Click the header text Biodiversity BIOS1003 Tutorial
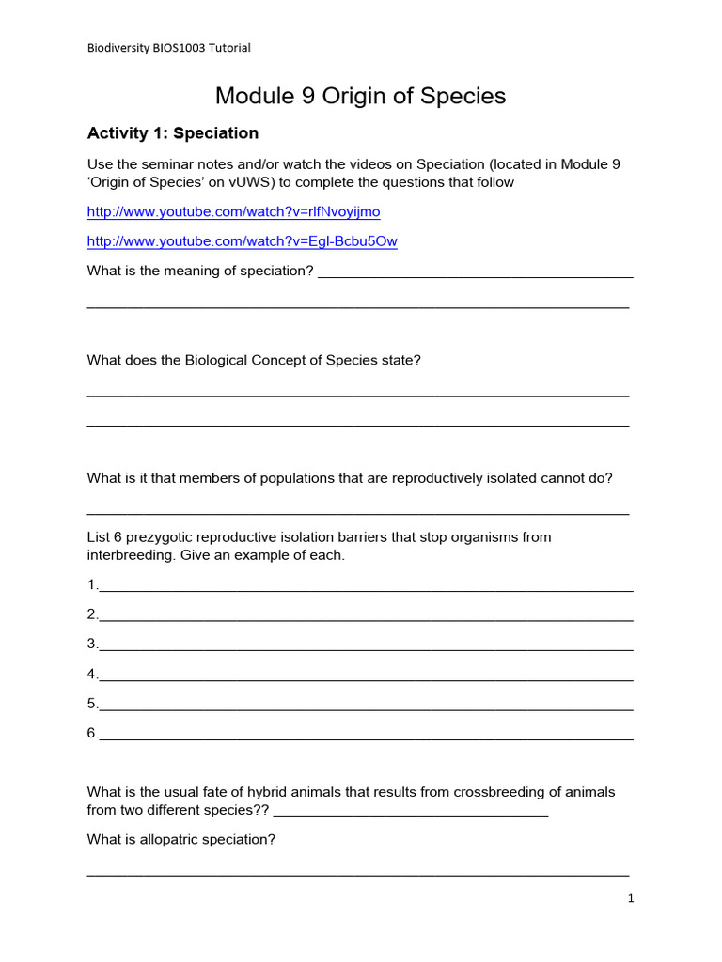tap(169, 48)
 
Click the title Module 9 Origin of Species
tap(360, 96)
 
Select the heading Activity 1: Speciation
tap(173, 133)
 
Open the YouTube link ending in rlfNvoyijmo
tap(233, 211)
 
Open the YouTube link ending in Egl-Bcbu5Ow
tap(242, 241)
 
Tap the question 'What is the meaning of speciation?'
tap(199, 272)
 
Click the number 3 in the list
tap(92, 644)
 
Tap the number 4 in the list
tap(92, 674)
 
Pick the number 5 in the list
tap(92, 704)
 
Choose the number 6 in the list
tap(92, 733)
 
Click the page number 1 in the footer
tap(631, 899)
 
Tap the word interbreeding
tap(129, 555)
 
